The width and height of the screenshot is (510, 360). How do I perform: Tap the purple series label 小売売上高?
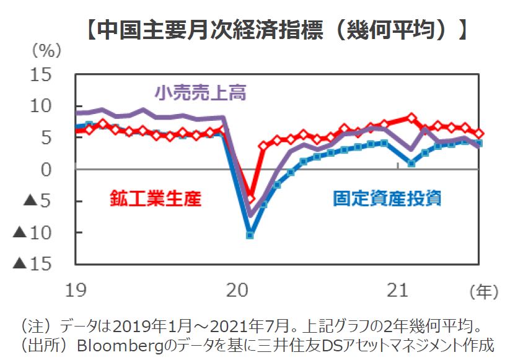[201, 94]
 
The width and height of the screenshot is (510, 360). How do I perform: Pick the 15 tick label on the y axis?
[55, 76]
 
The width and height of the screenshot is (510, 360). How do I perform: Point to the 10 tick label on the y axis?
[55, 107]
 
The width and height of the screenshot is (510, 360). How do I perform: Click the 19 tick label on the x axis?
[76, 289]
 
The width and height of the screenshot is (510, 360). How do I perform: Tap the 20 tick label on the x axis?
[238, 289]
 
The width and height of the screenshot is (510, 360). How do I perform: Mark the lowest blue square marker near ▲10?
[250, 235]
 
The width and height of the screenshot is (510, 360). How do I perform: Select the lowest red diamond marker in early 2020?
[250, 198]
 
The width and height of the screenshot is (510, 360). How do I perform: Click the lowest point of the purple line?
[250, 216]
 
